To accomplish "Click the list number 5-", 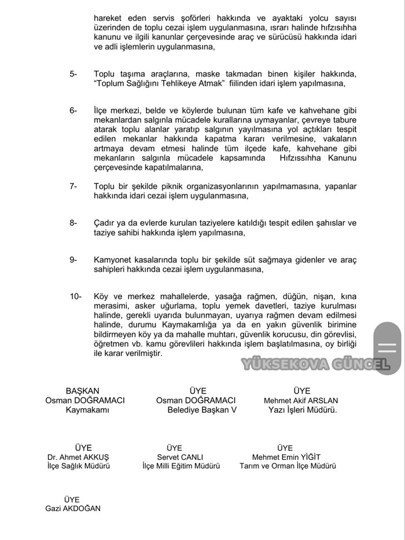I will pyautogui.click(x=73, y=74).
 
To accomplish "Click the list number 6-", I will pyautogui.click(x=73, y=111).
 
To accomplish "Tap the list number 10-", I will pyautogui.click(x=75, y=296).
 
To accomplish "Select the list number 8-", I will pyautogui.click(x=73, y=223).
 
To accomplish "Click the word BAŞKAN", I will pyautogui.click(x=83, y=391).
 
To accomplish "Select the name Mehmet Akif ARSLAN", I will pyautogui.click(x=301, y=400).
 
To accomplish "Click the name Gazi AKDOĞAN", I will pyautogui.click(x=72, y=508).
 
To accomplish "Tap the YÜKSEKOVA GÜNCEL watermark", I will pyautogui.click(x=315, y=365).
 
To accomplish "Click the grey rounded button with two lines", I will pyautogui.click(x=386, y=347).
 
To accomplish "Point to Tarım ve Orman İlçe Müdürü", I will pyautogui.click(x=287, y=466).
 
